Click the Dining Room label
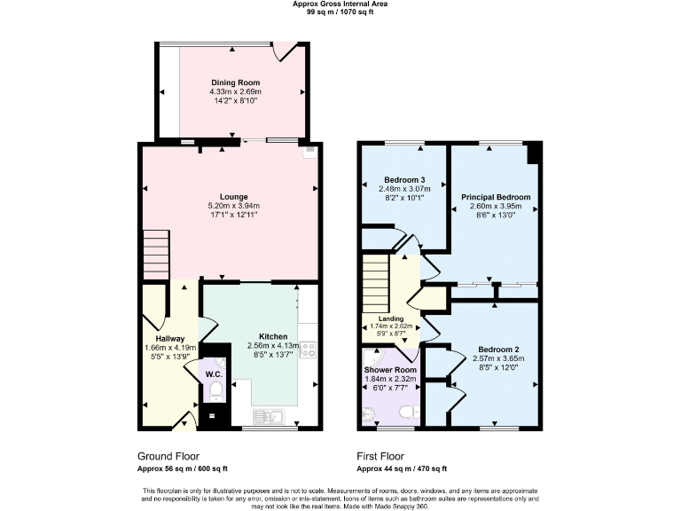[x=235, y=83]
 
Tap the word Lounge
[x=235, y=196]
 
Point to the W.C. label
[x=213, y=374]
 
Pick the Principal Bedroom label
[x=495, y=197]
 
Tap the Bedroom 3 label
[x=404, y=179]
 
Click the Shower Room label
[x=389, y=370]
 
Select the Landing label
[x=391, y=318]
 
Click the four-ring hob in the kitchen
[x=309, y=349]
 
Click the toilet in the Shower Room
[x=408, y=412]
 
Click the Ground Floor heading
[x=168, y=454]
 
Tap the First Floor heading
[x=384, y=454]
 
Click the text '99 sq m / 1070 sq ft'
[x=340, y=13]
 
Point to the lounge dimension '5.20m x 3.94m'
[x=235, y=206]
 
